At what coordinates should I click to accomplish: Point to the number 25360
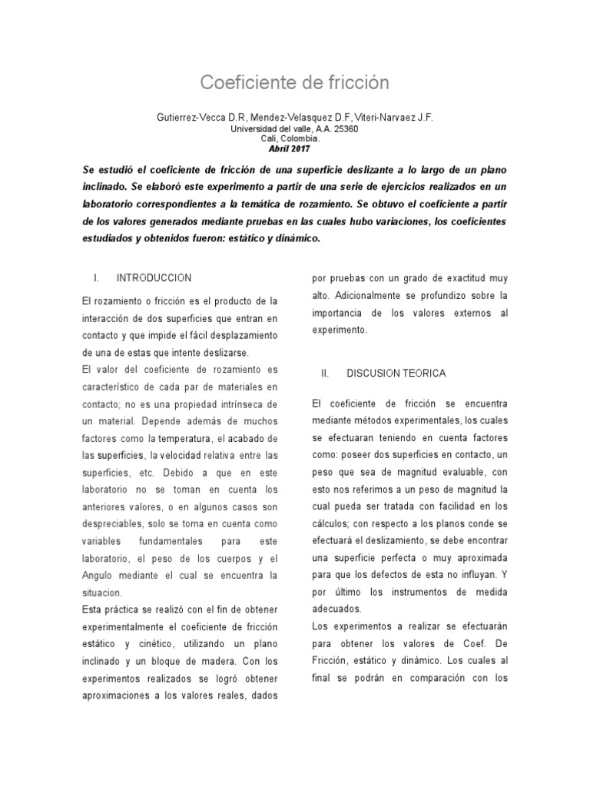(343, 129)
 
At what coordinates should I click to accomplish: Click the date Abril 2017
(295, 148)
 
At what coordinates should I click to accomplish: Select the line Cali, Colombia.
(295, 139)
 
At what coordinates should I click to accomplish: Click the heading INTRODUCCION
(154, 277)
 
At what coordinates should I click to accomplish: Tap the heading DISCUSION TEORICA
(396, 373)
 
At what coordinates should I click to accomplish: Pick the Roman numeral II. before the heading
(324, 373)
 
